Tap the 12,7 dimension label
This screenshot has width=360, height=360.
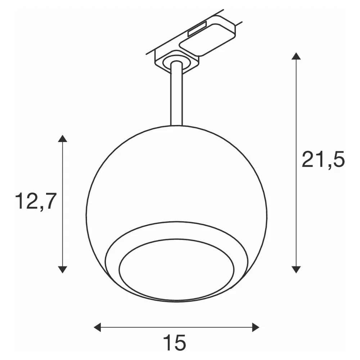(36, 201)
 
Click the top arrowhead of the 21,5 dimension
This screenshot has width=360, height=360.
(296, 56)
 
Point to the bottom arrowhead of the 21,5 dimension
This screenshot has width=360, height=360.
(296, 269)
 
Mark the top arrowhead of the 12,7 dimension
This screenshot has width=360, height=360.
(62, 139)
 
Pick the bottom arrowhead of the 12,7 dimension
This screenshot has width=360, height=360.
(62, 269)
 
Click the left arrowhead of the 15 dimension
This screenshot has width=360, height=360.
(97, 327)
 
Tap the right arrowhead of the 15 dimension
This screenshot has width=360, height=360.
(256, 327)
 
